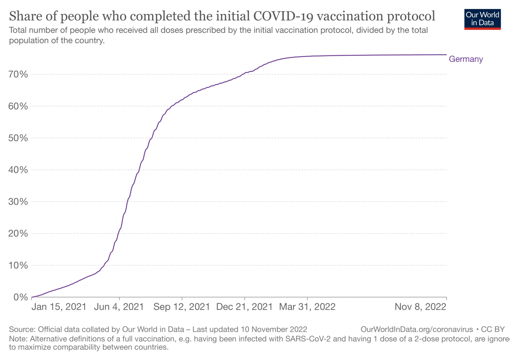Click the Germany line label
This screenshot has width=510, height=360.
click(466, 59)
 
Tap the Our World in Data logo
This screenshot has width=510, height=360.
click(482, 19)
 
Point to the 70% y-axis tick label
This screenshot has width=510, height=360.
click(18, 74)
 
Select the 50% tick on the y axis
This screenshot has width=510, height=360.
click(18, 138)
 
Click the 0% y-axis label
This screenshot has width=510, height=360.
click(21, 297)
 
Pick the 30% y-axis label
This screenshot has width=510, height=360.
click(18, 202)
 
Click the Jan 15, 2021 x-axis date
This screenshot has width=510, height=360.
click(59, 307)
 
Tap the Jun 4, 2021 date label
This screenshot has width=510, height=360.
click(119, 307)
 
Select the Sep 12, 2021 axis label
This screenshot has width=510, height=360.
click(182, 307)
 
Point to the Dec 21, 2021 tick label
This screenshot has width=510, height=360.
click(244, 307)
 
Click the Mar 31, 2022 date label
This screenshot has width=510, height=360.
click(307, 307)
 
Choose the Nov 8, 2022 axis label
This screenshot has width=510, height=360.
click(420, 307)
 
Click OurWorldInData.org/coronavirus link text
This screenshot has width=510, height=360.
click(416, 329)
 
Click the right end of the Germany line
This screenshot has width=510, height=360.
click(446, 55)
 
